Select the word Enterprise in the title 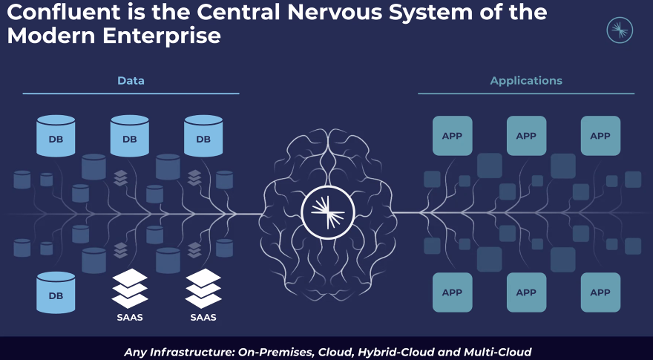(x=162, y=36)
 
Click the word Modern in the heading (x=51, y=36)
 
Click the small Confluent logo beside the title (x=620, y=30)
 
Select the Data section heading (x=131, y=80)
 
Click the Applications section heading (x=526, y=81)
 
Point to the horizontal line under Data (x=131, y=94)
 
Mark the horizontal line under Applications (x=526, y=94)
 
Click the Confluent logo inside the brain (x=328, y=212)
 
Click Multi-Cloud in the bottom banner (x=495, y=352)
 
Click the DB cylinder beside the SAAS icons (x=56, y=292)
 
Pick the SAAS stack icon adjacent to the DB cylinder (x=130, y=288)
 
